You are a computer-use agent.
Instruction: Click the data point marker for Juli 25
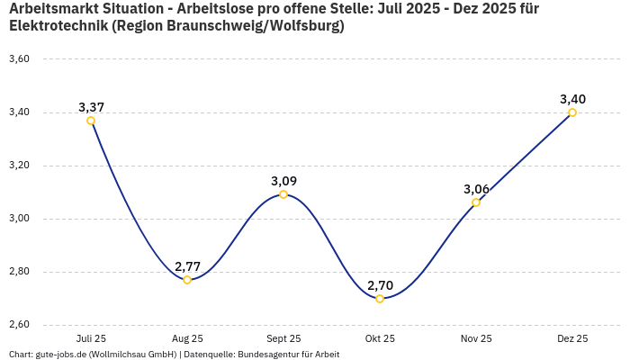click(91, 121)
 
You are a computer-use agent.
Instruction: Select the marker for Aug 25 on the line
click(187, 280)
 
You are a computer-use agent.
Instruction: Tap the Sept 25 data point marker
click(283, 194)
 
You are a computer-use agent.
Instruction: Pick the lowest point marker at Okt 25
click(380, 299)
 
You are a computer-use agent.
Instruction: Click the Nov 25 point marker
click(476, 202)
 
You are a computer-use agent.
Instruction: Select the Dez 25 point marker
click(572, 112)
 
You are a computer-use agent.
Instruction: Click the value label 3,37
click(91, 107)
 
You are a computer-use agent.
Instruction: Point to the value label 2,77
click(187, 266)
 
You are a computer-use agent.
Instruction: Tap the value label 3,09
click(283, 181)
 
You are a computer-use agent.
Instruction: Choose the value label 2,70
click(380, 285)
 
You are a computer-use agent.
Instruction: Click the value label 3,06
click(476, 189)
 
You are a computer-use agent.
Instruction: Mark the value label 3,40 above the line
click(572, 99)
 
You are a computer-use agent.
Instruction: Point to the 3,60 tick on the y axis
click(19, 59)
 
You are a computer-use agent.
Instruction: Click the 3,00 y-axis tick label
click(19, 219)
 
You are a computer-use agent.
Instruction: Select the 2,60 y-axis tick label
click(19, 325)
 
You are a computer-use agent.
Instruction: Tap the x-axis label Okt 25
click(380, 338)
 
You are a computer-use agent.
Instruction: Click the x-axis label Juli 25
click(91, 338)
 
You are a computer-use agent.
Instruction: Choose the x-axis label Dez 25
click(572, 338)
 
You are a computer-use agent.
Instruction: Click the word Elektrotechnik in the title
click(56, 26)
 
